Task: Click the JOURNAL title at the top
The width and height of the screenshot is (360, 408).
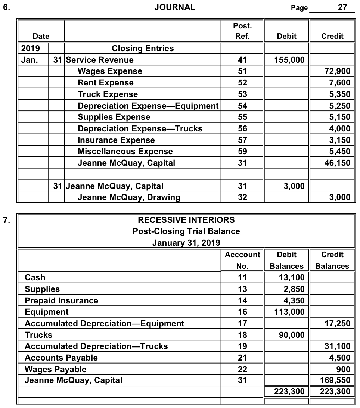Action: [174, 7]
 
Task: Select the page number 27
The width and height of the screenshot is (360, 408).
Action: [342, 7]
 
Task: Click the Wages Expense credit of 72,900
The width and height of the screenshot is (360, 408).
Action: [338, 71]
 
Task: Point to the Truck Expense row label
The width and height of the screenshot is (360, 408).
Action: [108, 94]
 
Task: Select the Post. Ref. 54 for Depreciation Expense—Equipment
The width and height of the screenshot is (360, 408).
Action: [242, 106]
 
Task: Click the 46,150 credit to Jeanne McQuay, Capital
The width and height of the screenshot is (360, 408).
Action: [338, 163]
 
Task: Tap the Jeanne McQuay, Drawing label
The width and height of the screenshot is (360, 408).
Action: [129, 197]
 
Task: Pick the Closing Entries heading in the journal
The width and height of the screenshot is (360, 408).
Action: [143, 48]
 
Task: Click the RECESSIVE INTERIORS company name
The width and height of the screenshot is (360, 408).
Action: [186, 219]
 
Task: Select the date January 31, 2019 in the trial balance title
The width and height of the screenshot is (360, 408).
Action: [186, 243]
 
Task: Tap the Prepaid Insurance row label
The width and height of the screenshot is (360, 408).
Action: [61, 300]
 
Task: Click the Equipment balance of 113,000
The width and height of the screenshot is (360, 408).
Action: [289, 312]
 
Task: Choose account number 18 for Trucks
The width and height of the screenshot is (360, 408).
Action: [242, 335]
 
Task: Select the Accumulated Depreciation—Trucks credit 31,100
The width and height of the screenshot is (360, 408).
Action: [338, 346]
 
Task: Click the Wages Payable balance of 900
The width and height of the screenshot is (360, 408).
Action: [343, 369]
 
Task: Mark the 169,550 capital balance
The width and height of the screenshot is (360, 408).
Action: [336, 380]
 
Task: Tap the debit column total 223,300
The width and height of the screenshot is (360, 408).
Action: [286, 392]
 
